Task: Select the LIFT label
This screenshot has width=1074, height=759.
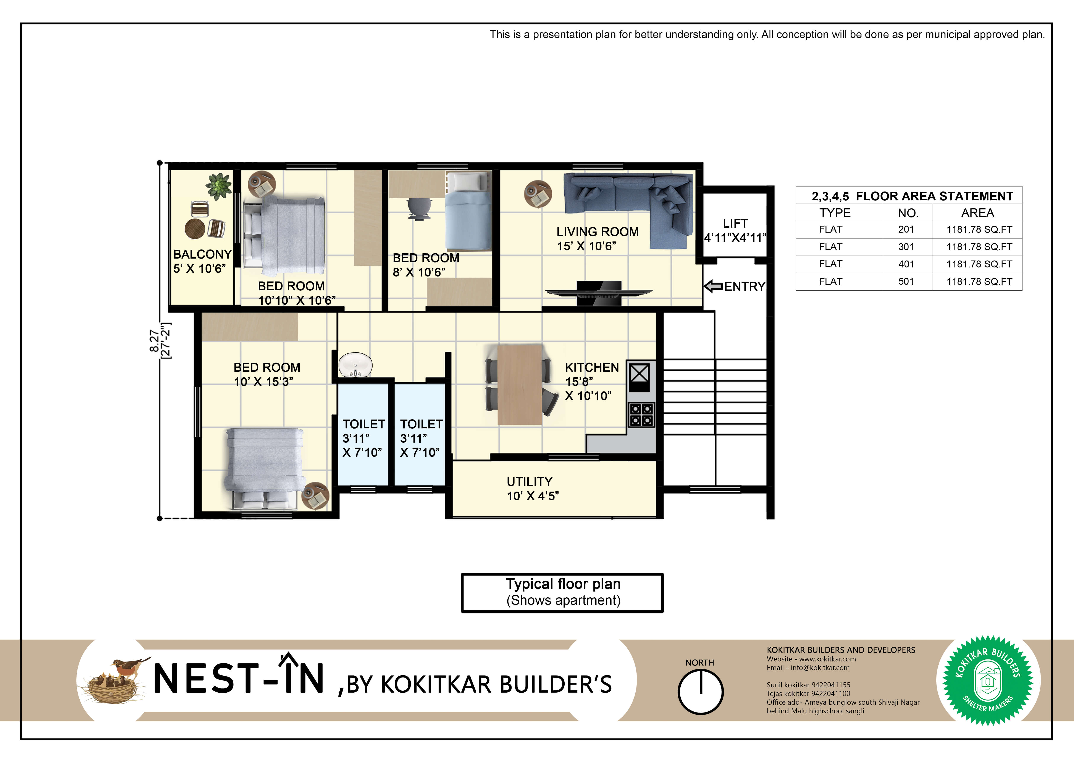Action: tap(735, 224)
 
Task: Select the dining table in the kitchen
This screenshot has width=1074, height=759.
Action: tap(520, 384)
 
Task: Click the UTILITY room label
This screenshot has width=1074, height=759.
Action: tap(530, 481)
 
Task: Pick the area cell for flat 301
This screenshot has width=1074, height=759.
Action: tap(979, 247)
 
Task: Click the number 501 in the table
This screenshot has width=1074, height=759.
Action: tap(906, 281)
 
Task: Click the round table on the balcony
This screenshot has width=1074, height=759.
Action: tap(195, 229)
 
